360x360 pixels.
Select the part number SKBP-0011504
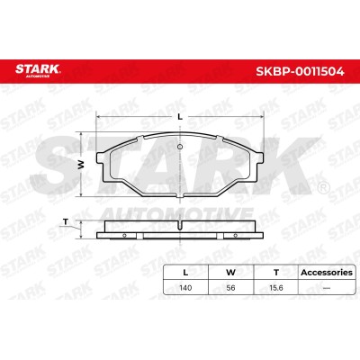click(x=300, y=71)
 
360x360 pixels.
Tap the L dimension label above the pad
click(x=180, y=117)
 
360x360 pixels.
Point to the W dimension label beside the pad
click(x=80, y=165)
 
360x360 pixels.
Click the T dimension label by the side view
click(x=66, y=222)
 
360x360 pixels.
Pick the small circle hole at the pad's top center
click(x=180, y=147)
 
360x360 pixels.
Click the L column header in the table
click(x=185, y=273)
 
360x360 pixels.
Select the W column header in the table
click(x=230, y=273)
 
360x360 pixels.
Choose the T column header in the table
click(x=276, y=273)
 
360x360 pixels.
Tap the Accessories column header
click(x=327, y=273)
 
